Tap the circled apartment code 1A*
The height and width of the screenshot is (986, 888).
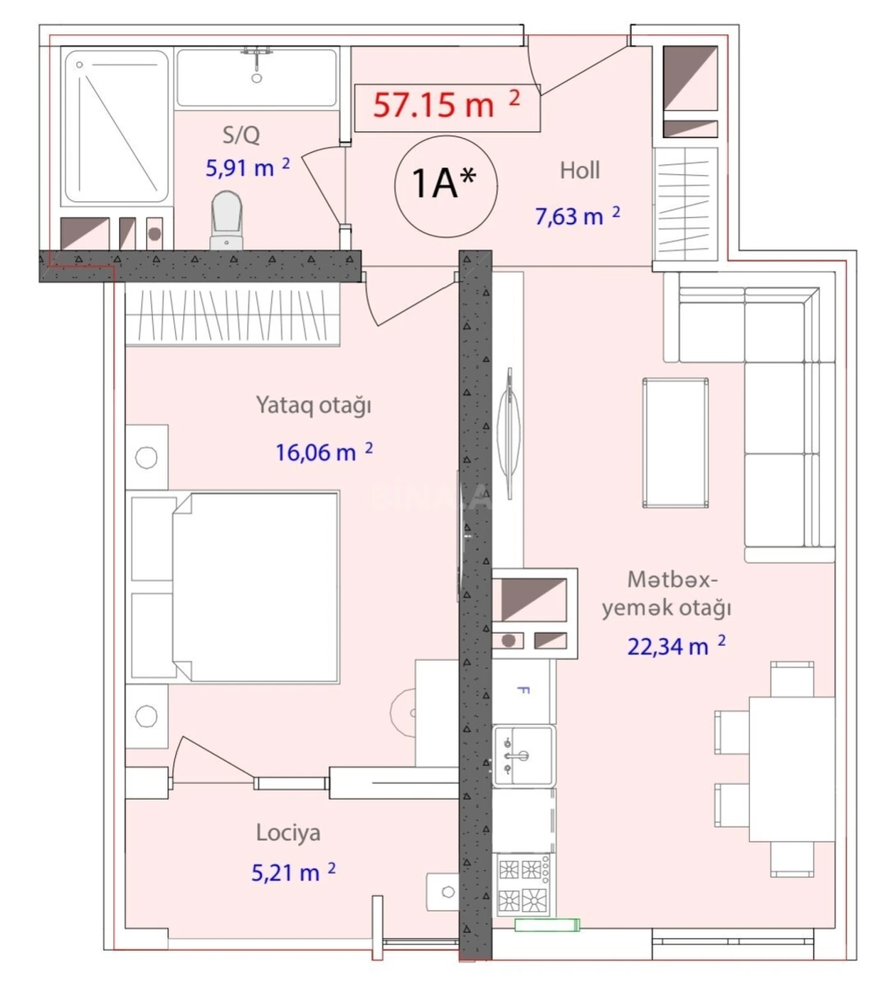pos(444,183)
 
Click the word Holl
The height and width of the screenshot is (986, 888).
pos(579,171)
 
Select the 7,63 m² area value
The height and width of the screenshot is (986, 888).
pos(577,216)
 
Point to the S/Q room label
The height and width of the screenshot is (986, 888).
pos(241,135)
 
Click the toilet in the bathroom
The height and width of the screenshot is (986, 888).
pos(226,219)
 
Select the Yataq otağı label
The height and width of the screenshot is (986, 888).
pos(313,405)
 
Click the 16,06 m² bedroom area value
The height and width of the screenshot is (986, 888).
pos(324,452)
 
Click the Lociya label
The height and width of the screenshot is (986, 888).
pos(288,833)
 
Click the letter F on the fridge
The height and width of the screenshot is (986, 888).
pos(522,690)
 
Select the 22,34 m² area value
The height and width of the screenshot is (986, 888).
pos(676,646)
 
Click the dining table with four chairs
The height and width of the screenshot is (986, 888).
pos(791,769)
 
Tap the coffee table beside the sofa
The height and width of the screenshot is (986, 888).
pos(675,442)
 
